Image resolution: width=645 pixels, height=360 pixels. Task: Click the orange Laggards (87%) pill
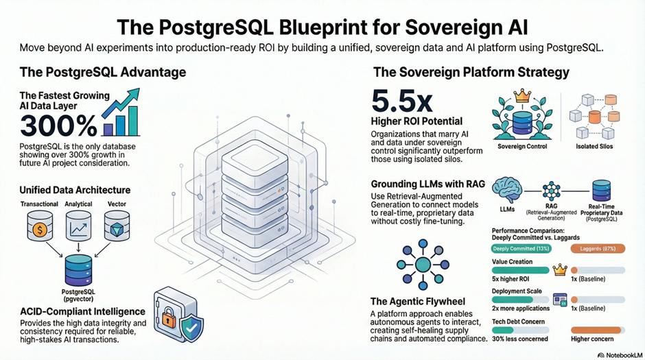tap(598, 248)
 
